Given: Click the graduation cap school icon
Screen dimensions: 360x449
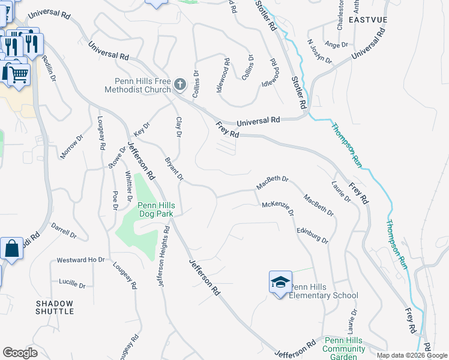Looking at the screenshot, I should click(x=280, y=282).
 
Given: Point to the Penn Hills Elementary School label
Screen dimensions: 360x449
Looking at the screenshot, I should click(x=324, y=291).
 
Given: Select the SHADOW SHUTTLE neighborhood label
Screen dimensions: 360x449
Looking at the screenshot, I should click(x=55, y=307).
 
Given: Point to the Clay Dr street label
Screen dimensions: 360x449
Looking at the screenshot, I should click(x=178, y=126).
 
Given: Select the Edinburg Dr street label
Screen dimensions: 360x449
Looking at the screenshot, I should click(x=312, y=235).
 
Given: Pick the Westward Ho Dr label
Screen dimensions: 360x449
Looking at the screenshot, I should click(x=80, y=260).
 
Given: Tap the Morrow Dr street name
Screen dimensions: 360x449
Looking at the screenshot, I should click(x=71, y=147).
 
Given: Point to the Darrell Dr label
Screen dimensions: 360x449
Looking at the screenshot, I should click(x=64, y=231).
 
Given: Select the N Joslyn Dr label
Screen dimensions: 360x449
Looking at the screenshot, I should click(x=319, y=51).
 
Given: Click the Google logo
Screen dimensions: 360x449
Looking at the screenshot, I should click(x=20, y=352).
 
